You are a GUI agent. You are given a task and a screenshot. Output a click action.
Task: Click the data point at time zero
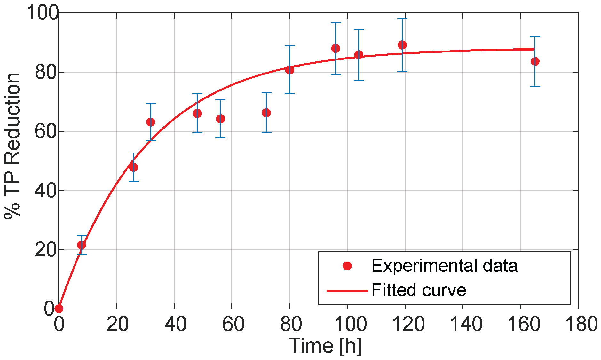(59, 309)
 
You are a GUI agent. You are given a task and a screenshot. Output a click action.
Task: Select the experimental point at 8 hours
(82, 245)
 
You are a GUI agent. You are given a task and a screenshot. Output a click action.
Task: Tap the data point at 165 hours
(535, 61)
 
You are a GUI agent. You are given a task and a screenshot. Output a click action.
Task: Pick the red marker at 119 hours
(402, 45)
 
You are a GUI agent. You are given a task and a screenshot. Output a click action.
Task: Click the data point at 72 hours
(266, 113)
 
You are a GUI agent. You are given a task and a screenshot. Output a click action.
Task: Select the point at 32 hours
(151, 122)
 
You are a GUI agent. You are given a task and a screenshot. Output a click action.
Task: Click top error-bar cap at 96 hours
(336, 23)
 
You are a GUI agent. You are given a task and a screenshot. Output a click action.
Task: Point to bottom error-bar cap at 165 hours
(535, 86)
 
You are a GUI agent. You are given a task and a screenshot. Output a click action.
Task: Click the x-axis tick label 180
(581, 324)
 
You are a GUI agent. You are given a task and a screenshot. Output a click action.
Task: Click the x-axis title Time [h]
(325, 346)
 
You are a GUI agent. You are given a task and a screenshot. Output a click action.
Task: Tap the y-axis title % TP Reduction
(13, 145)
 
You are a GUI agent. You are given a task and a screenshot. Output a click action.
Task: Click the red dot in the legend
(347, 266)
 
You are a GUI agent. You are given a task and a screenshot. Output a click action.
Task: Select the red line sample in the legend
(347, 291)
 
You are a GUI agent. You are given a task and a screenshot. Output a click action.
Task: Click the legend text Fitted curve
(419, 290)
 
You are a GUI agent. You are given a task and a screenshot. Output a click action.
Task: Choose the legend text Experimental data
(444, 266)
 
